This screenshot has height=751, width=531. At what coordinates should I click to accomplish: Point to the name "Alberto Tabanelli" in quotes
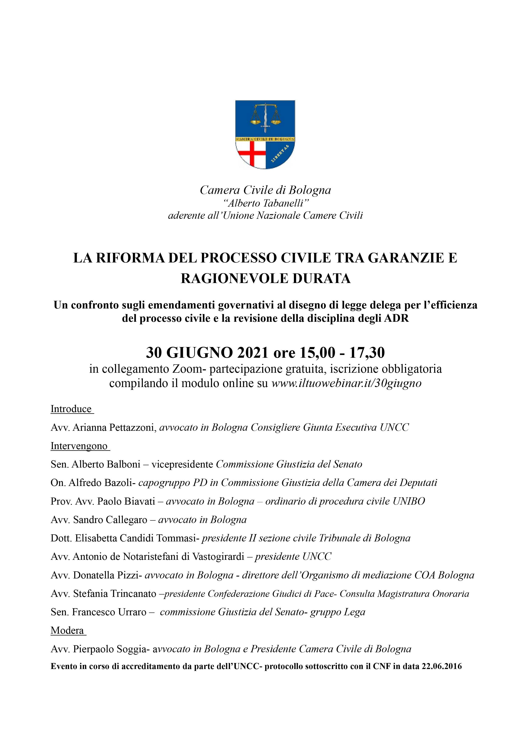coord(265,203)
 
